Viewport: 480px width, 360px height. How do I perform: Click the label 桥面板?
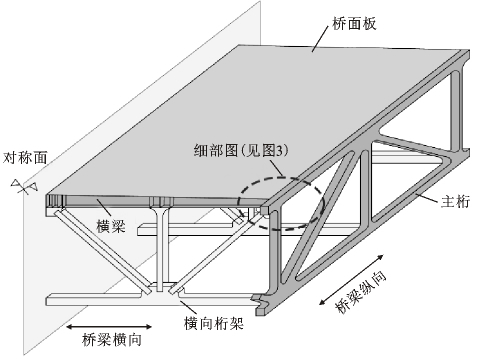(x=354, y=24)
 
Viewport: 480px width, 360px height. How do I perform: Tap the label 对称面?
(x=26, y=157)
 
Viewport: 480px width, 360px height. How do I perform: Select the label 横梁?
(x=111, y=226)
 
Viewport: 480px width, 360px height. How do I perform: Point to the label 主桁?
(x=456, y=201)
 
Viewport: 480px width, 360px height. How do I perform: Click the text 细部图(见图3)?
(x=241, y=150)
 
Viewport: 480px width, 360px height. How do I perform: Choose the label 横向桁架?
(x=214, y=323)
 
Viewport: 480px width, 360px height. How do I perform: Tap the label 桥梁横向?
(x=112, y=340)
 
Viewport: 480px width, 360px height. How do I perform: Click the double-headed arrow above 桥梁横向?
(x=109, y=327)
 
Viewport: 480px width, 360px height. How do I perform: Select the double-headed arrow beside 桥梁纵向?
(x=351, y=280)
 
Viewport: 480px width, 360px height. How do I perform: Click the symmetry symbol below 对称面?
(x=23, y=187)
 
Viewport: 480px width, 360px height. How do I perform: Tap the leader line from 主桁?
(x=427, y=197)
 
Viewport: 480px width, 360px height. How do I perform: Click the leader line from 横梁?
(x=103, y=207)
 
